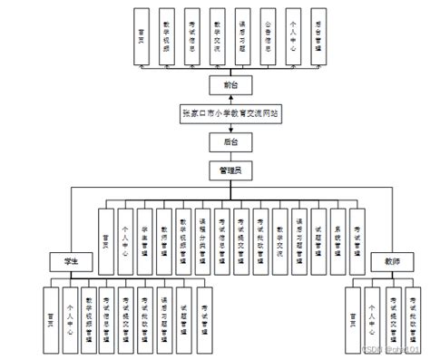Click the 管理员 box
tap(217, 170)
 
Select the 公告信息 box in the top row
tap(267, 36)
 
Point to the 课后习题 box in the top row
tap(241, 36)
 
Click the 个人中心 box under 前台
tap(292, 36)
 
